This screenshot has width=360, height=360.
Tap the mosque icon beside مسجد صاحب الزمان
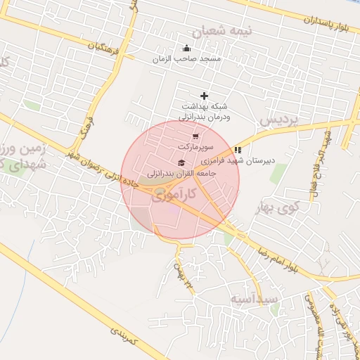click(186, 49)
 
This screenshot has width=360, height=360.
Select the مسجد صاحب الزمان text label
click(186, 59)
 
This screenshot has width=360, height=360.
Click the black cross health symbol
click(204, 95)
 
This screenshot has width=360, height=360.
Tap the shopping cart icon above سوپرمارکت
click(195, 136)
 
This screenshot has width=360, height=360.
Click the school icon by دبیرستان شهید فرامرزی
click(238, 150)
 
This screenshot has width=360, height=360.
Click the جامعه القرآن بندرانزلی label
click(178, 172)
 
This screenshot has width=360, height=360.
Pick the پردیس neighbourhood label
click(279, 120)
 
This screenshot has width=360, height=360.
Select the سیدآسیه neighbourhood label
click(254, 300)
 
